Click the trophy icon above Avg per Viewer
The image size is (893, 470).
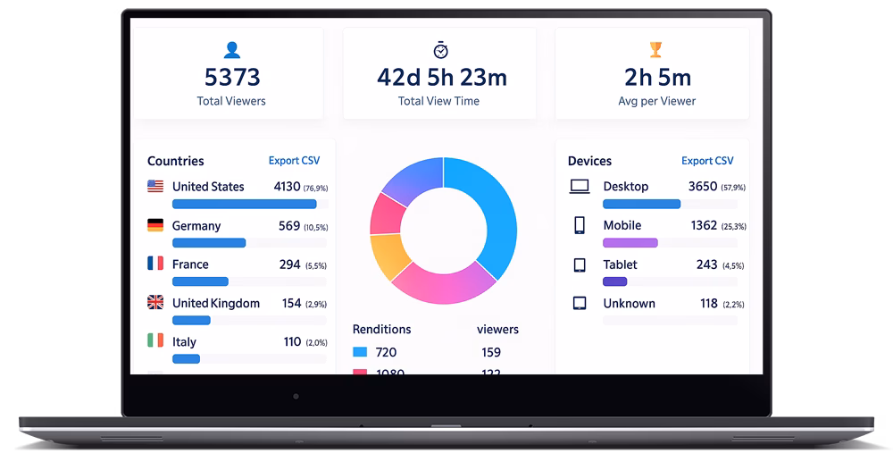656,50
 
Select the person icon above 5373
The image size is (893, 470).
231,50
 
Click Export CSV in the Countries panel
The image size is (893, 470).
294,161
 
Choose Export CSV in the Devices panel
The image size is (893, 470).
707,161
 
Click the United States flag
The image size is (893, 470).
155,187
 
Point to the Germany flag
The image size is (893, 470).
155,225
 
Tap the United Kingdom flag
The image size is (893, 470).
155,303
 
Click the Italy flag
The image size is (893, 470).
155,340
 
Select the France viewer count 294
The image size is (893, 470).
289,264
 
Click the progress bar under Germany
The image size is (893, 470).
209,243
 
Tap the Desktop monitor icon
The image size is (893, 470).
580,187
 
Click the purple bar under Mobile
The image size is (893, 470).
630,243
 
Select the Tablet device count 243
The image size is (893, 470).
706,264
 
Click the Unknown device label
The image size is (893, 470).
629,304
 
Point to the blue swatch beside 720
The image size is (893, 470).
360,352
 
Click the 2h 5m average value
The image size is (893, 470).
657,78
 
